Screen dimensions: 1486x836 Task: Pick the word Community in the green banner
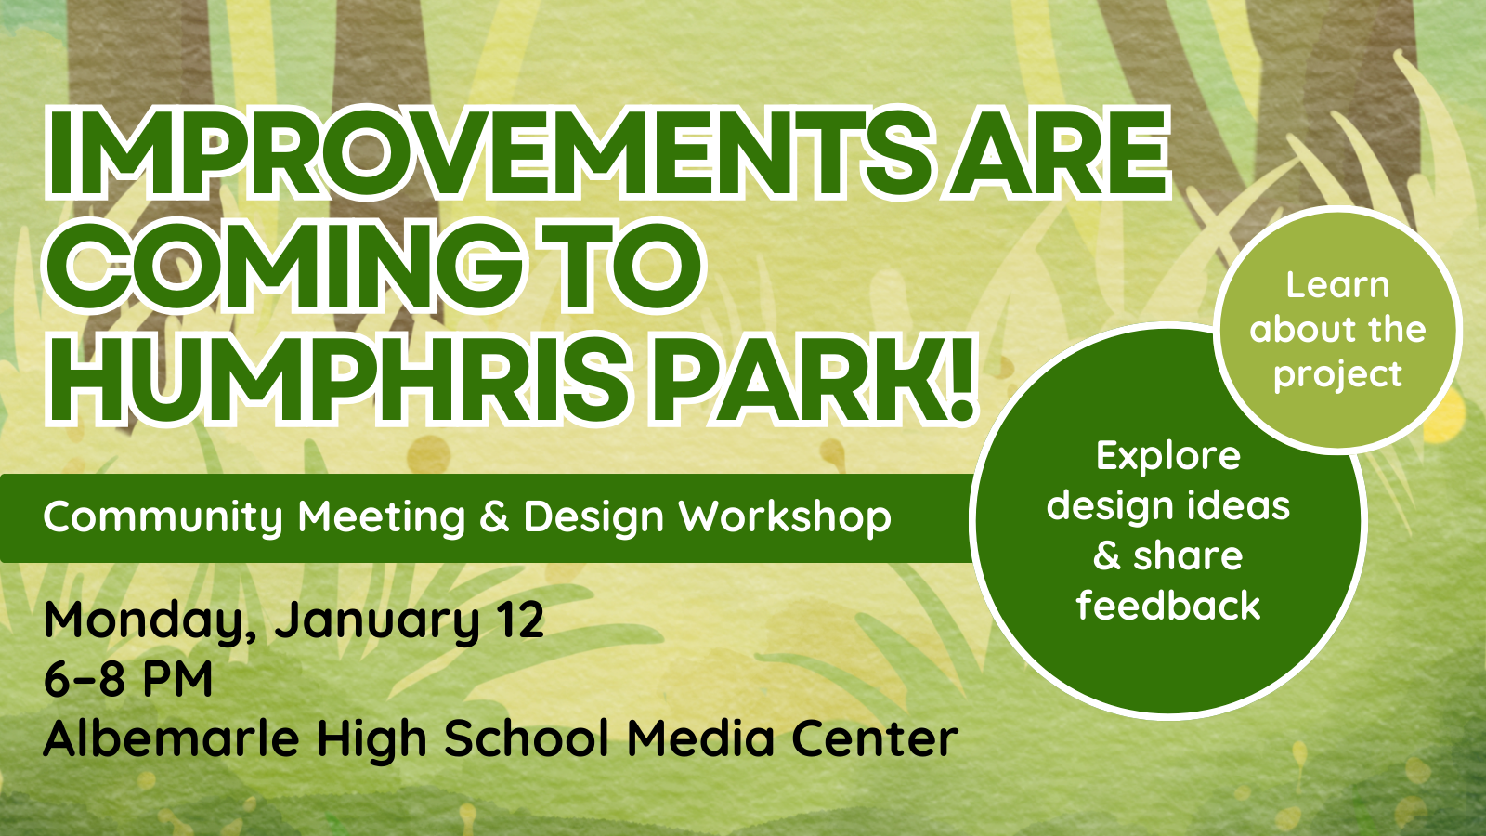(163, 518)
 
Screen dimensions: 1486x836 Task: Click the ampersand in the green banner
(494, 516)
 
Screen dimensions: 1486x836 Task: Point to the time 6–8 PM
(128, 679)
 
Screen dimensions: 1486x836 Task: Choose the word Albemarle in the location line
(171, 738)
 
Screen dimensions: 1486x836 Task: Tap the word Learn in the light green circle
(1337, 285)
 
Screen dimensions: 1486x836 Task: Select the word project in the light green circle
(1337, 376)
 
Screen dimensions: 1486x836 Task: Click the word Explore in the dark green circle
(1168, 457)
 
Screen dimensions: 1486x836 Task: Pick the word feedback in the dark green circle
(1168, 605)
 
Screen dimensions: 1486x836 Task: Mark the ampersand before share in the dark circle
(1107, 555)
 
